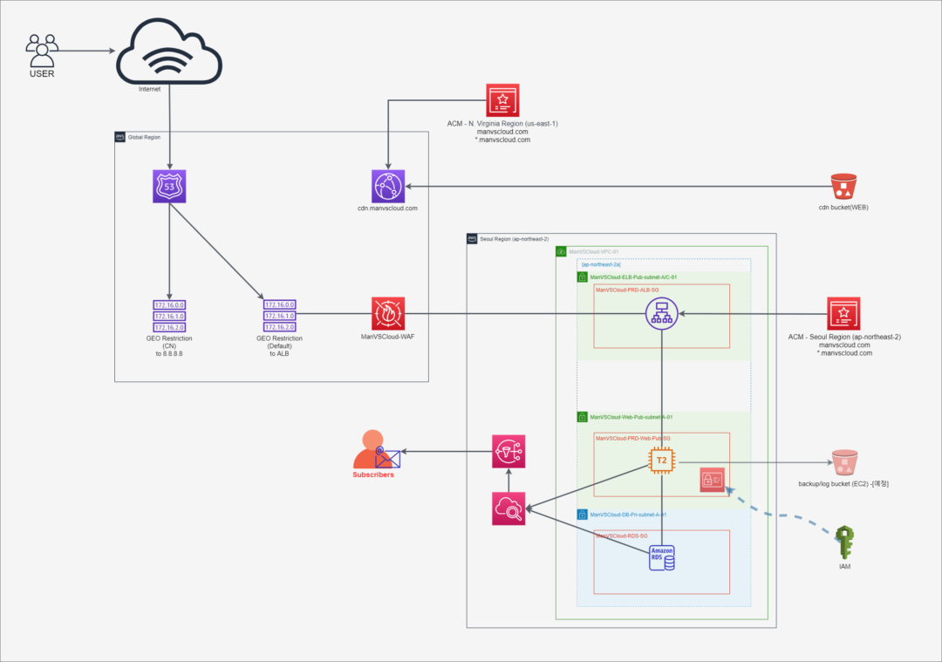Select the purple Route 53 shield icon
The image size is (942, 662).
coord(169,186)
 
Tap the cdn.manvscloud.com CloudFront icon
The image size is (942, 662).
coord(387,187)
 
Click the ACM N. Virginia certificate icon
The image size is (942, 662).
coord(502,100)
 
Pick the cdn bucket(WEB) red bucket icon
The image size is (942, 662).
coord(843,187)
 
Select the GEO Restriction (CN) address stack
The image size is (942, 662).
coord(169,316)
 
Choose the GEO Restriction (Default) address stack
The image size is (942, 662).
coord(279,316)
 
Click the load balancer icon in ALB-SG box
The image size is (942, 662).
coord(663,314)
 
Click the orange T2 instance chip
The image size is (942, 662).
coord(663,460)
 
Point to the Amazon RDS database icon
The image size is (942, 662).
coord(663,555)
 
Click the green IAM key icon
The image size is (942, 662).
coord(843,543)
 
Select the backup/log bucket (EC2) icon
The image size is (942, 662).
coord(843,462)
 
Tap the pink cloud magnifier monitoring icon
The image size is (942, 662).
coord(508,508)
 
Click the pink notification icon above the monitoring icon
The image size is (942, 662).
coord(508,451)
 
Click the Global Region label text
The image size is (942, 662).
coord(145,138)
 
